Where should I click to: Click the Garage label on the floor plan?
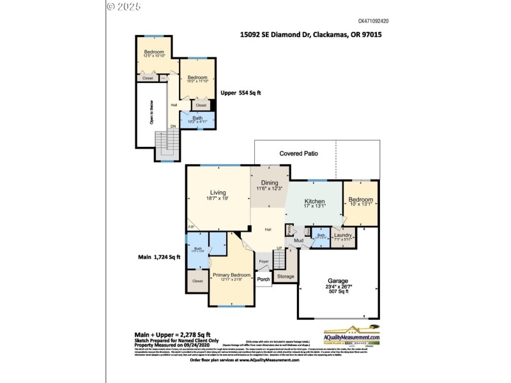click(338, 281)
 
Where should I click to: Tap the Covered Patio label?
click(298, 153)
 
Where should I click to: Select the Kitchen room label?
click(315, 200)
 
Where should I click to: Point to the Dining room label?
click(269, 183)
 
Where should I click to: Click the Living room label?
click(219, 192)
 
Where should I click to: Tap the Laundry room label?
click(343, 236)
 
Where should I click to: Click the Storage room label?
click(286, 276)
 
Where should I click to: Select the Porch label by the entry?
click(263, 278)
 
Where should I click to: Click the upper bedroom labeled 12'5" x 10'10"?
click(154, 52)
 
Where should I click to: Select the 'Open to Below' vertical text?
click(151, 111)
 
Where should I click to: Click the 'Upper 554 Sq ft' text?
click(241, 93)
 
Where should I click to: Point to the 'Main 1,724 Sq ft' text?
click(160, 257)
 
